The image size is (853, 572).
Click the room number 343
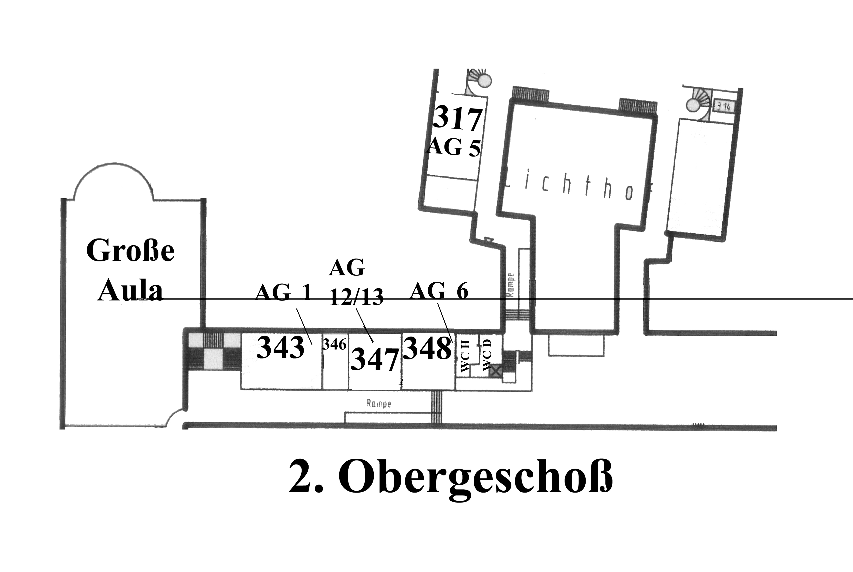pos(280,348)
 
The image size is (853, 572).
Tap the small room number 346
pos(334,344)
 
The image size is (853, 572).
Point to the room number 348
pos(427,348)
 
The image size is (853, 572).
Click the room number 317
pos(458,118)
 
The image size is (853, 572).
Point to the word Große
pos(130,251)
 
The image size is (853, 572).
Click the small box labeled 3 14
pos(723,107)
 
